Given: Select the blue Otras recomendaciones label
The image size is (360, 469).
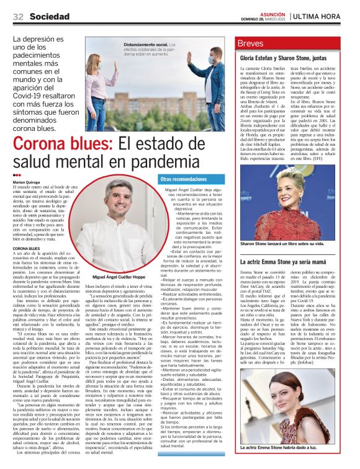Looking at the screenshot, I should [184, 179].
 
